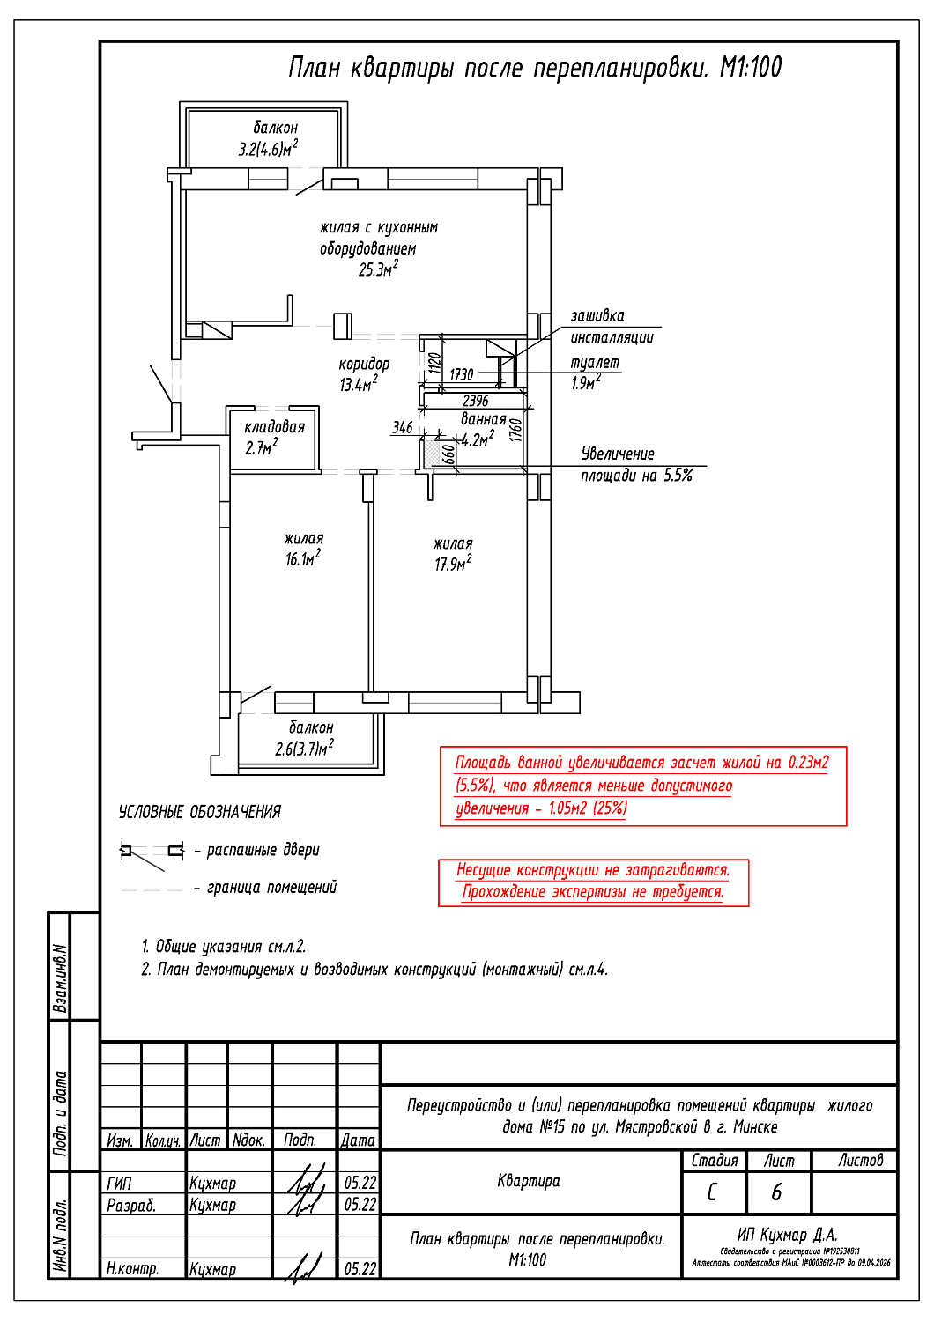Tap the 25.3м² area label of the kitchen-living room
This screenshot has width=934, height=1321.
(377, 269)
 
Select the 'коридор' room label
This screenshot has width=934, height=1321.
(363, 364)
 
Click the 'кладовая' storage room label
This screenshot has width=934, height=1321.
(274, 427)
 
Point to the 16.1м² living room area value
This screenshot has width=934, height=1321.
(302, 559)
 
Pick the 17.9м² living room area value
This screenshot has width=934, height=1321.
(452, 564)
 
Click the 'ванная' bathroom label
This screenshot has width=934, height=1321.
(484, 419)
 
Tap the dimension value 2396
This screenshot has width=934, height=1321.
(475, 401)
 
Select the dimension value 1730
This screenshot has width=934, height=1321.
(461, 375)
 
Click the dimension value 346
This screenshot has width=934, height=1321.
(402, 428)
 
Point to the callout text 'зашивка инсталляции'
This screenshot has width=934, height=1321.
(611, 327)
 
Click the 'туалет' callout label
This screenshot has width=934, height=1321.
(595, 363)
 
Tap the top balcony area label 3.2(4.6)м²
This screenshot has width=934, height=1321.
(267, 149)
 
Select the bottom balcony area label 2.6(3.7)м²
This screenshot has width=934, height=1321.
(304, 749)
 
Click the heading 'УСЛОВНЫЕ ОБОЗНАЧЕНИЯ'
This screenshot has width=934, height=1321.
(200, 812)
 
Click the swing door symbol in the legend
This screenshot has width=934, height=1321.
(152, 852)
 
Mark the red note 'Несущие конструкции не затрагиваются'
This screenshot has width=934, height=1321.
(593, 870)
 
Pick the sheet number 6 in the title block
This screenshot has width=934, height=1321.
(776, 1192)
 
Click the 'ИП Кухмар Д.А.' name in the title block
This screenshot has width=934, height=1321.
(787, 1235)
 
